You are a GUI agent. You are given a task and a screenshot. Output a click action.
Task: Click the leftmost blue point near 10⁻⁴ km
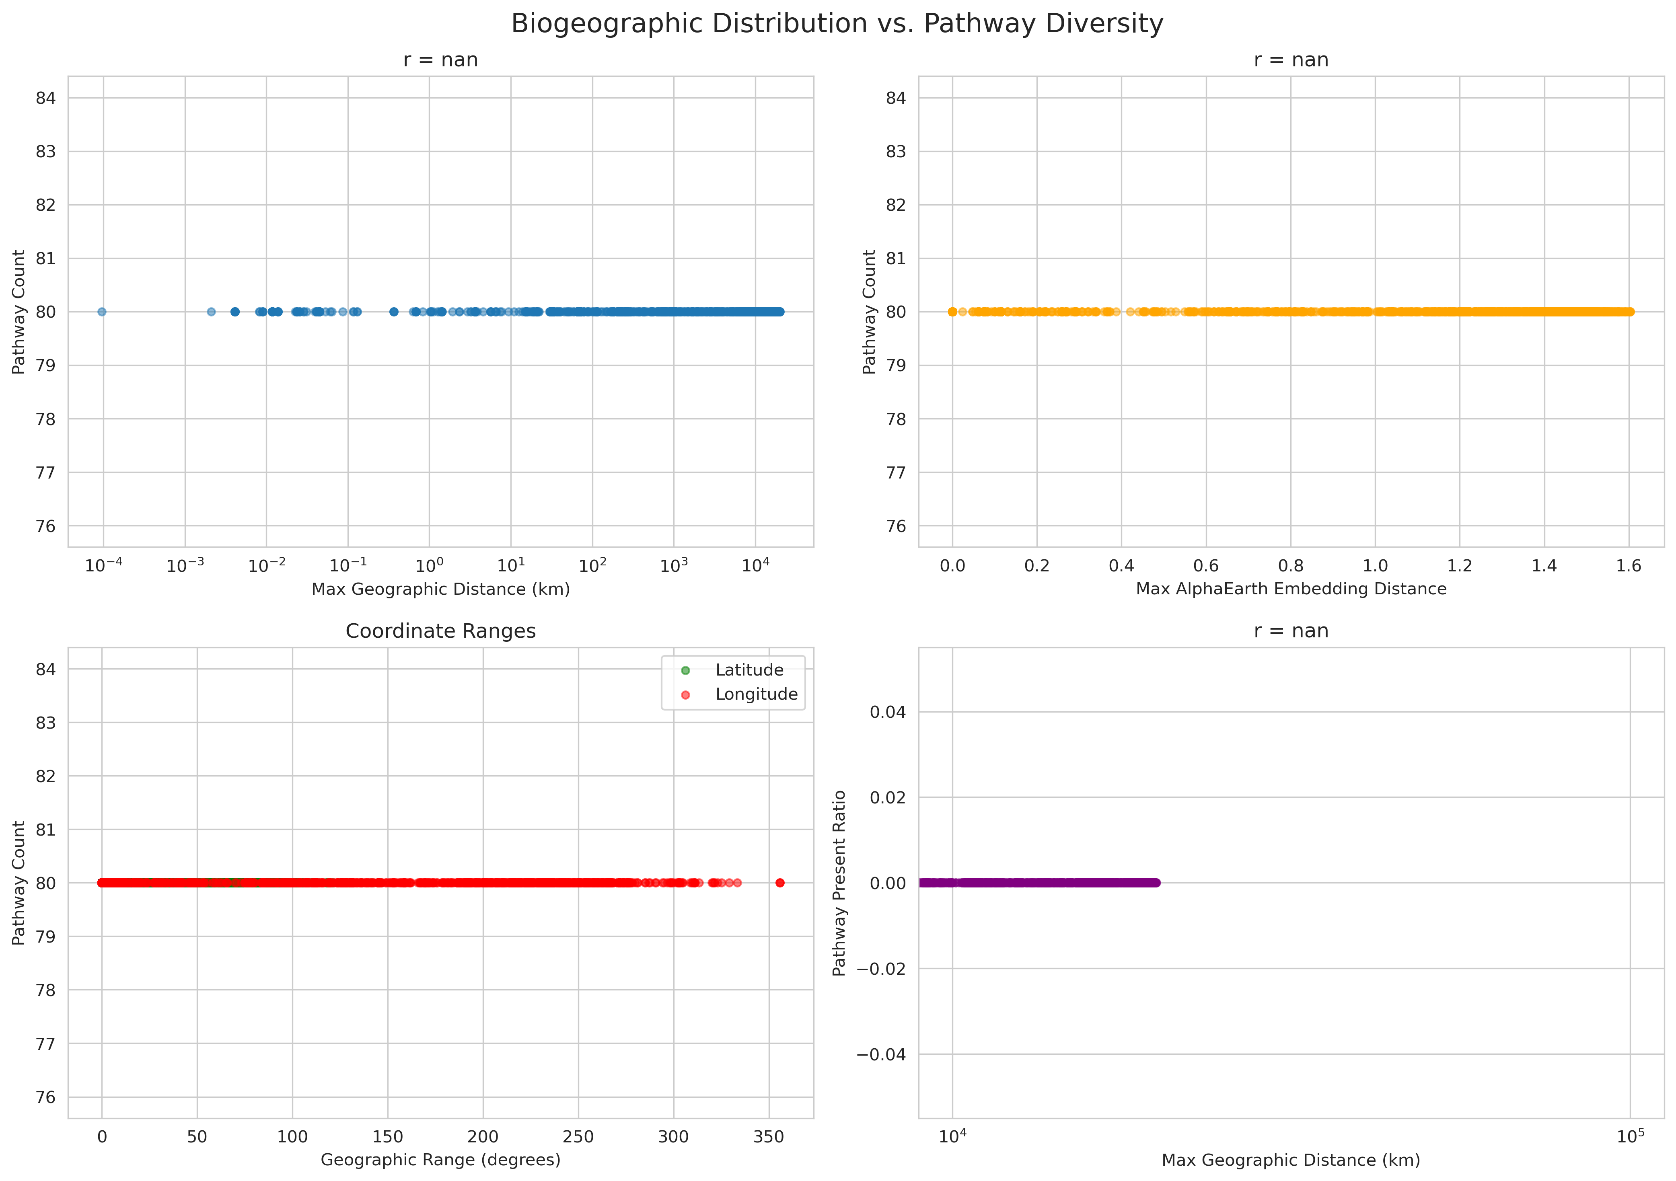click(x=101, y=312)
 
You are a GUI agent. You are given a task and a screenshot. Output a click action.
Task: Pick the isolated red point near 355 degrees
click(x=779, y=883)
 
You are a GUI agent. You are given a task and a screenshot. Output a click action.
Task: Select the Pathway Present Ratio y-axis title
click(x=839, y=883)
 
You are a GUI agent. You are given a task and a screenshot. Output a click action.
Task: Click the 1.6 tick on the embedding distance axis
click(x=1629, y=566)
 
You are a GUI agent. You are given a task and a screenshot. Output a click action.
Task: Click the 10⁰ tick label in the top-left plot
click(x=429, y=566)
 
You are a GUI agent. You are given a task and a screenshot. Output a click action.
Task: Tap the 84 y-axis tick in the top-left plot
click(x=45, y=98)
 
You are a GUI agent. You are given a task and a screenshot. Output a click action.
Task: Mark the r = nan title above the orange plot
click(x=1291, y=60)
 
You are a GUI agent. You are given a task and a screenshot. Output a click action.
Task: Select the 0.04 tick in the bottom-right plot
click(x=887, y=712)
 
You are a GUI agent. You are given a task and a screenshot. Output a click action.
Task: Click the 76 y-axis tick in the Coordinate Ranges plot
click(x=45, y=1097)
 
